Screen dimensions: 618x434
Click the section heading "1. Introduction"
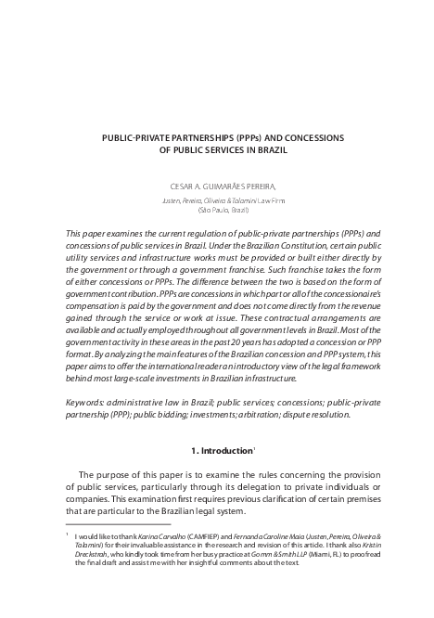214,450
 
